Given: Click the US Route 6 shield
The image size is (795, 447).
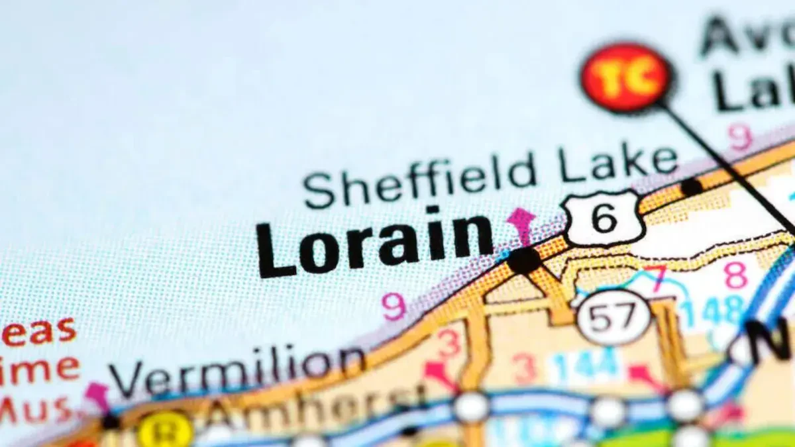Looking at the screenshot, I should coord(604,217).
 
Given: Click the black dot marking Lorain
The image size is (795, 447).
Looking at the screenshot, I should coord(524,260).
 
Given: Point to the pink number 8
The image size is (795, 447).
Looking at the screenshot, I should coord(735,275).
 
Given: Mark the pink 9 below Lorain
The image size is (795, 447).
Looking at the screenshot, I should coord(394,307).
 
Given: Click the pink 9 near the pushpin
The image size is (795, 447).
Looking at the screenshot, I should coord(740,137).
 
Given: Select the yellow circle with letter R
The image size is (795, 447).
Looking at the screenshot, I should coord(165,431).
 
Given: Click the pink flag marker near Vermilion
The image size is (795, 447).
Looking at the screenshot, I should coord(98,395).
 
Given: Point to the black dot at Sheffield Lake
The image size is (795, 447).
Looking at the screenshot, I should coord(691,187).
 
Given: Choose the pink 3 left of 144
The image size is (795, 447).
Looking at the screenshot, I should coord(524,368).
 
